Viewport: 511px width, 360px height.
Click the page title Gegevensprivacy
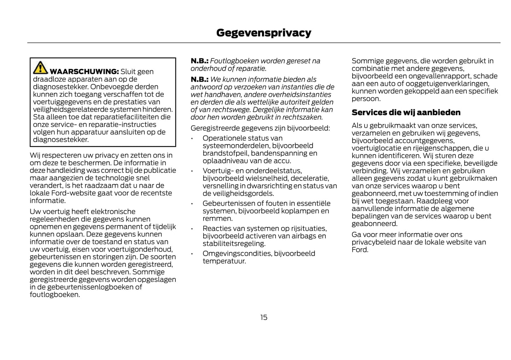coord(263,33)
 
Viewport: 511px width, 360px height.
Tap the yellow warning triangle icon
coord(40,67)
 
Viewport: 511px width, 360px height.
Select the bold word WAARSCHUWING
coord(84,72)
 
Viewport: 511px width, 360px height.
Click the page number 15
coord(264,317)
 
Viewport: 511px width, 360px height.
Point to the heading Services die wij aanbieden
coord(406,113)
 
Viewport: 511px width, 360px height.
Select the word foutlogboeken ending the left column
coord(54,295)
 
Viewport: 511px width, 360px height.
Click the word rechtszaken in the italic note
coord(302,117)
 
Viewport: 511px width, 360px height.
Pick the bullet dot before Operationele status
coord(192,138)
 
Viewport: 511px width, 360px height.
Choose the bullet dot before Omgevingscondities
coord(192,254)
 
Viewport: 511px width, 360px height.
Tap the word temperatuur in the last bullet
coord(224,261)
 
